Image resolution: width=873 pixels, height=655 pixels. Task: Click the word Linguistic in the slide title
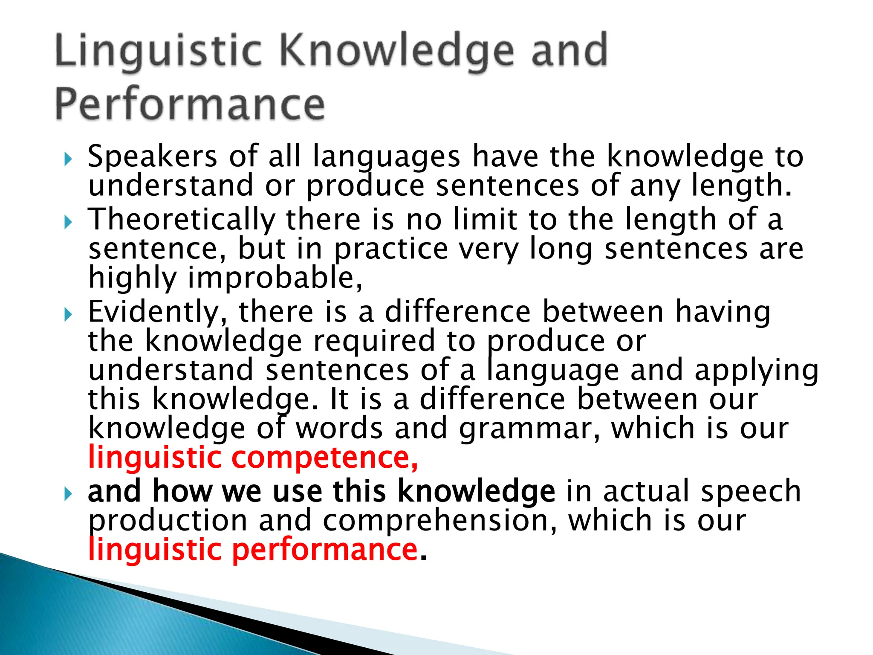click(x=158, y=52)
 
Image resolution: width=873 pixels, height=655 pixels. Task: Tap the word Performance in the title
click(x=190, y=105)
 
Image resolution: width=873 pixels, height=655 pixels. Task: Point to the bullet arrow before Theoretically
click(x=68, y=222)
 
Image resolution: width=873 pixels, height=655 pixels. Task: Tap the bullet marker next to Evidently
click(x=68, y=315)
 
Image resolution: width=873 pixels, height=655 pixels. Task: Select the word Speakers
click(x=153, y=156)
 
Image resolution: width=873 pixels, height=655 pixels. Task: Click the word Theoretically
click(x=182, y=219)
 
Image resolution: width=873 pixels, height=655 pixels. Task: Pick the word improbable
click(x=273, y=278)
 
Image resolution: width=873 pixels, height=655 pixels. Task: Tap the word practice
click(x=390, y=249)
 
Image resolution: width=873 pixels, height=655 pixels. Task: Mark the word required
click(x=374, y=341)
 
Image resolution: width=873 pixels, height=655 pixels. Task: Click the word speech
click(x=751, y=491)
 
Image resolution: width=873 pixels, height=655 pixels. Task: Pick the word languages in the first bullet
click(x=386, y=157)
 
